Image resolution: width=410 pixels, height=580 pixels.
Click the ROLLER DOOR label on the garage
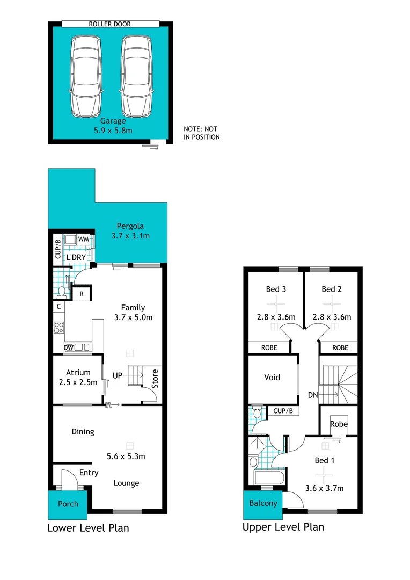[x=110, y=24]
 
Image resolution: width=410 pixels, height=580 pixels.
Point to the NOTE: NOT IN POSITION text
[x=202, y=133]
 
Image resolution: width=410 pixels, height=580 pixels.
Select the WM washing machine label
[x=83, y=239]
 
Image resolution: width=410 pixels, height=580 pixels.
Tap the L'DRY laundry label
[x=76, y=258]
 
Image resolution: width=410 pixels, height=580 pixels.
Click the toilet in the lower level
[x=61, y=292]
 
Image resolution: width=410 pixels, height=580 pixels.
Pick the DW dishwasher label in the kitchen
[x=68, y=348]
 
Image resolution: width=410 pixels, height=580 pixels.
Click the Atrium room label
[x=78, y=373]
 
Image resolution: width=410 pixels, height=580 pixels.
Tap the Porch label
[x=68, y=504]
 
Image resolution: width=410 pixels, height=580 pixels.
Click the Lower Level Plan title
[x=88, y=528]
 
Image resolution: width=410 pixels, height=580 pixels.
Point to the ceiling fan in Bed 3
[x=275, y=305]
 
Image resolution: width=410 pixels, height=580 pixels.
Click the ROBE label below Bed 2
[x=340, y=347]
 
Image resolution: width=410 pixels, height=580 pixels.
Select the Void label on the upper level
[x=272, y=377]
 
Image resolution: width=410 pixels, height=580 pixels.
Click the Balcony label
[x=263, y=503]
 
